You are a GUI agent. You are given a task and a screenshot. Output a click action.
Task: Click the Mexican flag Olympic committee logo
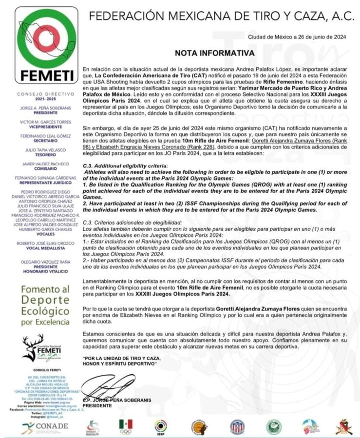(x=126, y=426)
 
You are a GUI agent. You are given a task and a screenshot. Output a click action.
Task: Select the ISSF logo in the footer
(x=160, y=427)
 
